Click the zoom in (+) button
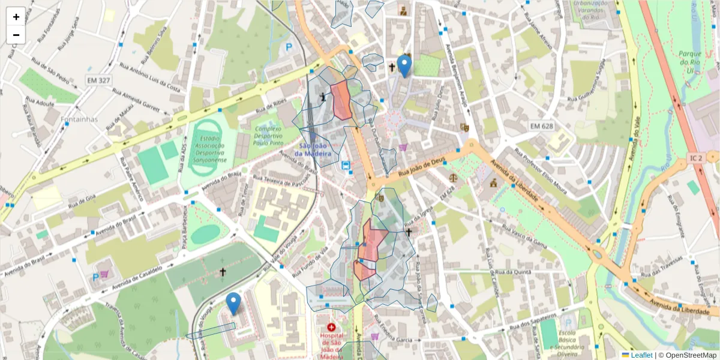pyautogui.click(x=16, y=17)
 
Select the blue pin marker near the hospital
pyautogui.click(x=233, y=303)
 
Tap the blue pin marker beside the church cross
pyautogui.click(x=405, y=65)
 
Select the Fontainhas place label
pyautogui.click(x=79, y=119)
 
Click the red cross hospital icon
pyautogui.click(x=331, y=327)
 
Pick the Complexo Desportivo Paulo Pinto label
pyautogui.click(x=268, y=136)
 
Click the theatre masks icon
pyautogui.click(x=464, y=127)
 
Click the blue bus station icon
pyautogui.click(x=346, y=166)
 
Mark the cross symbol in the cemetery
pyautogui.click(x=223, y=272)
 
